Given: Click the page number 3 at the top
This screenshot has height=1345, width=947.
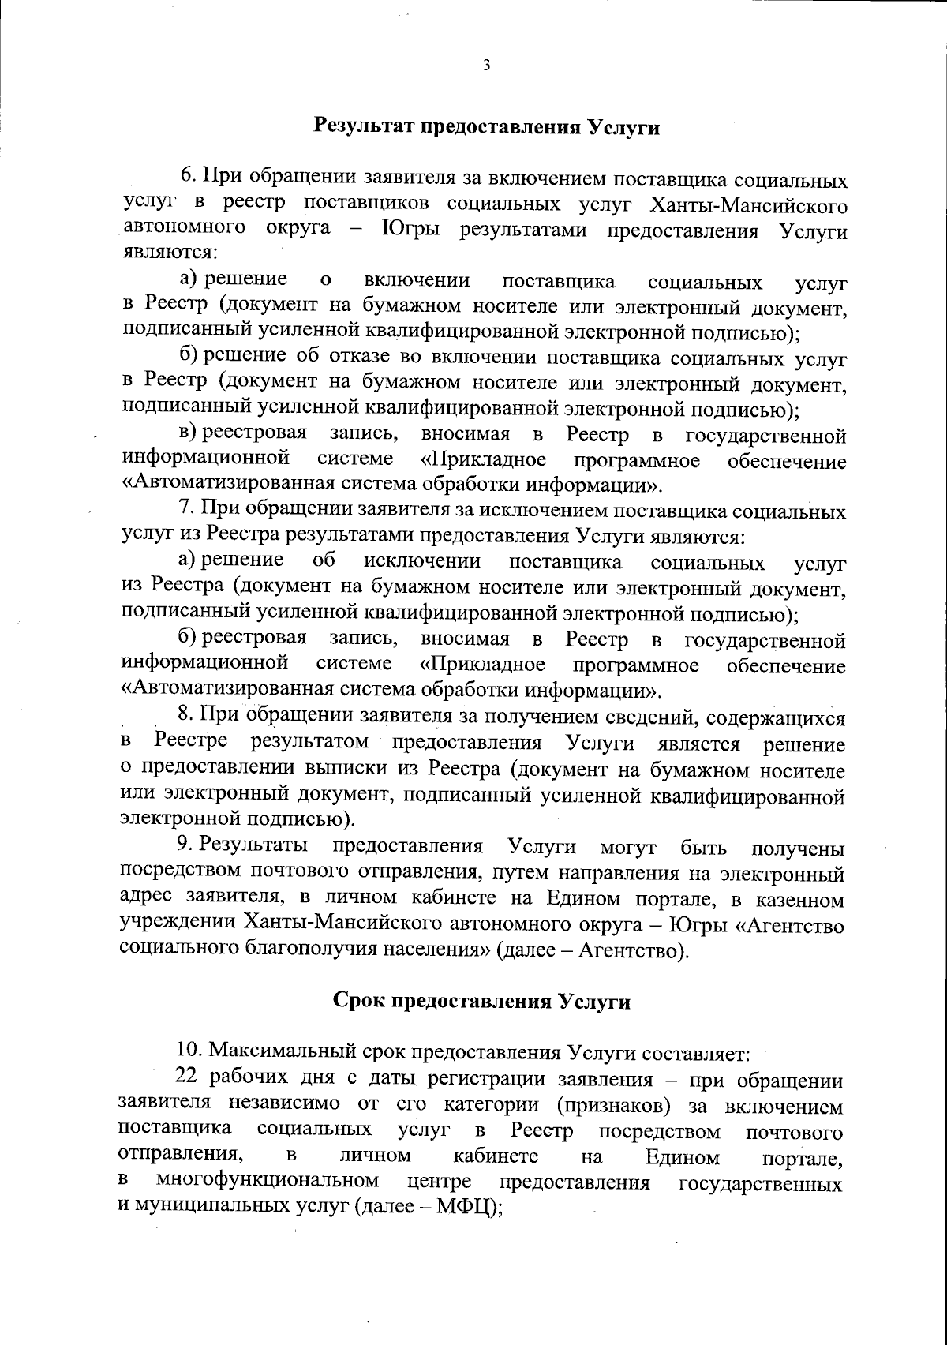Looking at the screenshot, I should (x=486, y=66).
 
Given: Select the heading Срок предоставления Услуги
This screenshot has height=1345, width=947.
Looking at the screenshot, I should (x=482, y=1002).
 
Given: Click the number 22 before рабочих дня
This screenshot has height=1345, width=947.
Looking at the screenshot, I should (x=186, y=1079).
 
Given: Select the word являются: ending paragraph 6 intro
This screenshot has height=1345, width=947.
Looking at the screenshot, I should (x=169, y=255).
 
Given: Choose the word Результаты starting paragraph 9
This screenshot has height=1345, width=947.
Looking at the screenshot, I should (x=253, y=847).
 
